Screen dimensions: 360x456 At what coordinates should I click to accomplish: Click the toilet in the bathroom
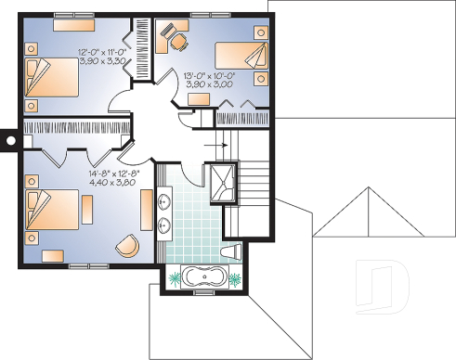point(234,251)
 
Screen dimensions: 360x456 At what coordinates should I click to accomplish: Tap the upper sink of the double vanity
point(166,200)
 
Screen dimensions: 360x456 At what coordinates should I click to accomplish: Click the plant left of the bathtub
point(174,276)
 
